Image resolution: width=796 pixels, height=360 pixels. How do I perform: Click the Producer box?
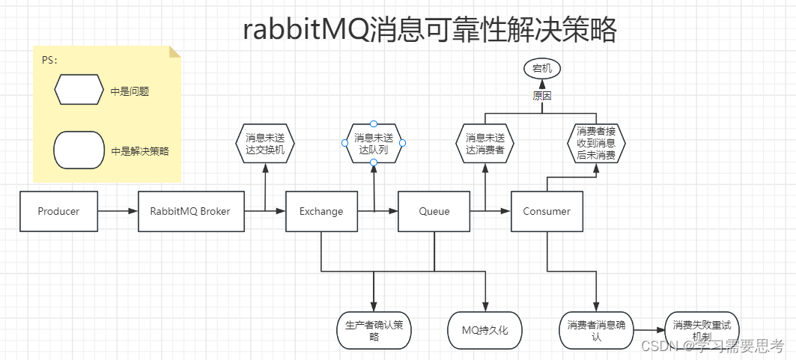tap(58, 211)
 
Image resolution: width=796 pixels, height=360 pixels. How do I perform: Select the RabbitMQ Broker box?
tap(190, 211)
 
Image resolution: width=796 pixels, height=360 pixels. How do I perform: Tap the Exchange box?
tap(320, 211)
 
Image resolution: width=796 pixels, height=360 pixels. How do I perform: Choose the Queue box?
tap(434, 211)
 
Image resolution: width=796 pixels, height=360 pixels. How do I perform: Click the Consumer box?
tap(547, 211)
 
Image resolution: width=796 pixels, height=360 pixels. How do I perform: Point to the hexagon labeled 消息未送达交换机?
tap(265, 144)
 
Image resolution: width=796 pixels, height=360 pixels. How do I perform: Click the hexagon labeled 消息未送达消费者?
tap(485, 144)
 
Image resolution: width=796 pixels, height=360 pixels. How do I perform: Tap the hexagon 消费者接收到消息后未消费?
tap(596, 144)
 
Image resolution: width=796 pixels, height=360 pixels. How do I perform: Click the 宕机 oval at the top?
tap(541, 69)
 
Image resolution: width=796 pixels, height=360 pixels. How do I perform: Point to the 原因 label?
tap(541, 96)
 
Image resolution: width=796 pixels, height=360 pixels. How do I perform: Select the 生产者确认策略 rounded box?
tap(374, 330)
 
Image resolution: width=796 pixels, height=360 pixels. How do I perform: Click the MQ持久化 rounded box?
tap(484, 330)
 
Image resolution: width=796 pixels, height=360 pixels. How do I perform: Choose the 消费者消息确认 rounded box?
tap(596, 330)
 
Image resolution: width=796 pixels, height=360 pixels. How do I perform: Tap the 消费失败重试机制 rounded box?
tap(702, 330)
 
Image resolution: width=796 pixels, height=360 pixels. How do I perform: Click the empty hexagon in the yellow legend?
tap(79, 91)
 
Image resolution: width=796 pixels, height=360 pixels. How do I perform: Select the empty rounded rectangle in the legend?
tap(79, 150)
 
